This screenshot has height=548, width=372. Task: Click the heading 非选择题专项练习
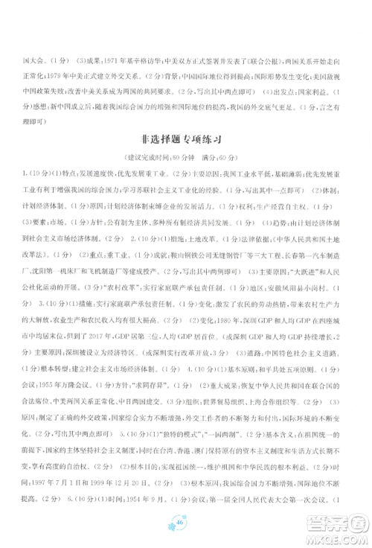tap(185, 138)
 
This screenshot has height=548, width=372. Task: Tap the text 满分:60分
tap(216, 158)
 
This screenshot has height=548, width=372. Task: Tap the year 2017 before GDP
tap(123, 337)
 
